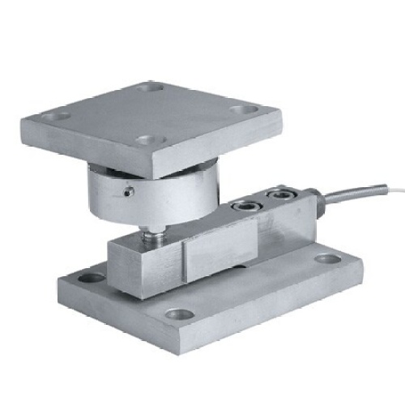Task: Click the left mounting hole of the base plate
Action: click(92, 277)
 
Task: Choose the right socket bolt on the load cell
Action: click(280, 193)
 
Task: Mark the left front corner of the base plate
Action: click(61, 287)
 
